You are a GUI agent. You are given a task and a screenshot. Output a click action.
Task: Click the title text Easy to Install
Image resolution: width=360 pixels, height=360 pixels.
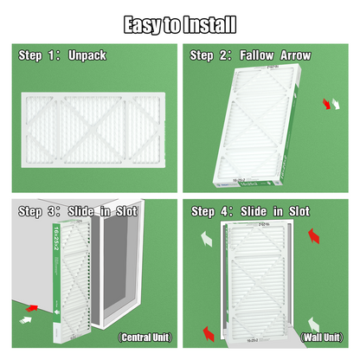coord(179,22)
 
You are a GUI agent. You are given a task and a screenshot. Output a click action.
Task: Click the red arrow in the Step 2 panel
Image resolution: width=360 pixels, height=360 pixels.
coord(326,105)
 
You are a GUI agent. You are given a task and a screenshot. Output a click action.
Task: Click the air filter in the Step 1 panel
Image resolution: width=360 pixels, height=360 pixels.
coord(89,117)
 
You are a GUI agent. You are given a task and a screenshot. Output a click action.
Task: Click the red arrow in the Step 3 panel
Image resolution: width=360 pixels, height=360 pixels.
coord(32,306)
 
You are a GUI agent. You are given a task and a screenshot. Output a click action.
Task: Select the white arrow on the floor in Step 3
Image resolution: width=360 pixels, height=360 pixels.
coord(20,321)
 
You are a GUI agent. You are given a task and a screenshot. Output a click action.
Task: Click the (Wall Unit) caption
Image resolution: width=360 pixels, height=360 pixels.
coord(321,337)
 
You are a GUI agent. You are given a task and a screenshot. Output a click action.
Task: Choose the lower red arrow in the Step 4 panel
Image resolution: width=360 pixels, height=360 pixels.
coord(208,332)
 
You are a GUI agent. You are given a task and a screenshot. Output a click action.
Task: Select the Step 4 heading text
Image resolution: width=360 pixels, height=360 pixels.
coord(251,211)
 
